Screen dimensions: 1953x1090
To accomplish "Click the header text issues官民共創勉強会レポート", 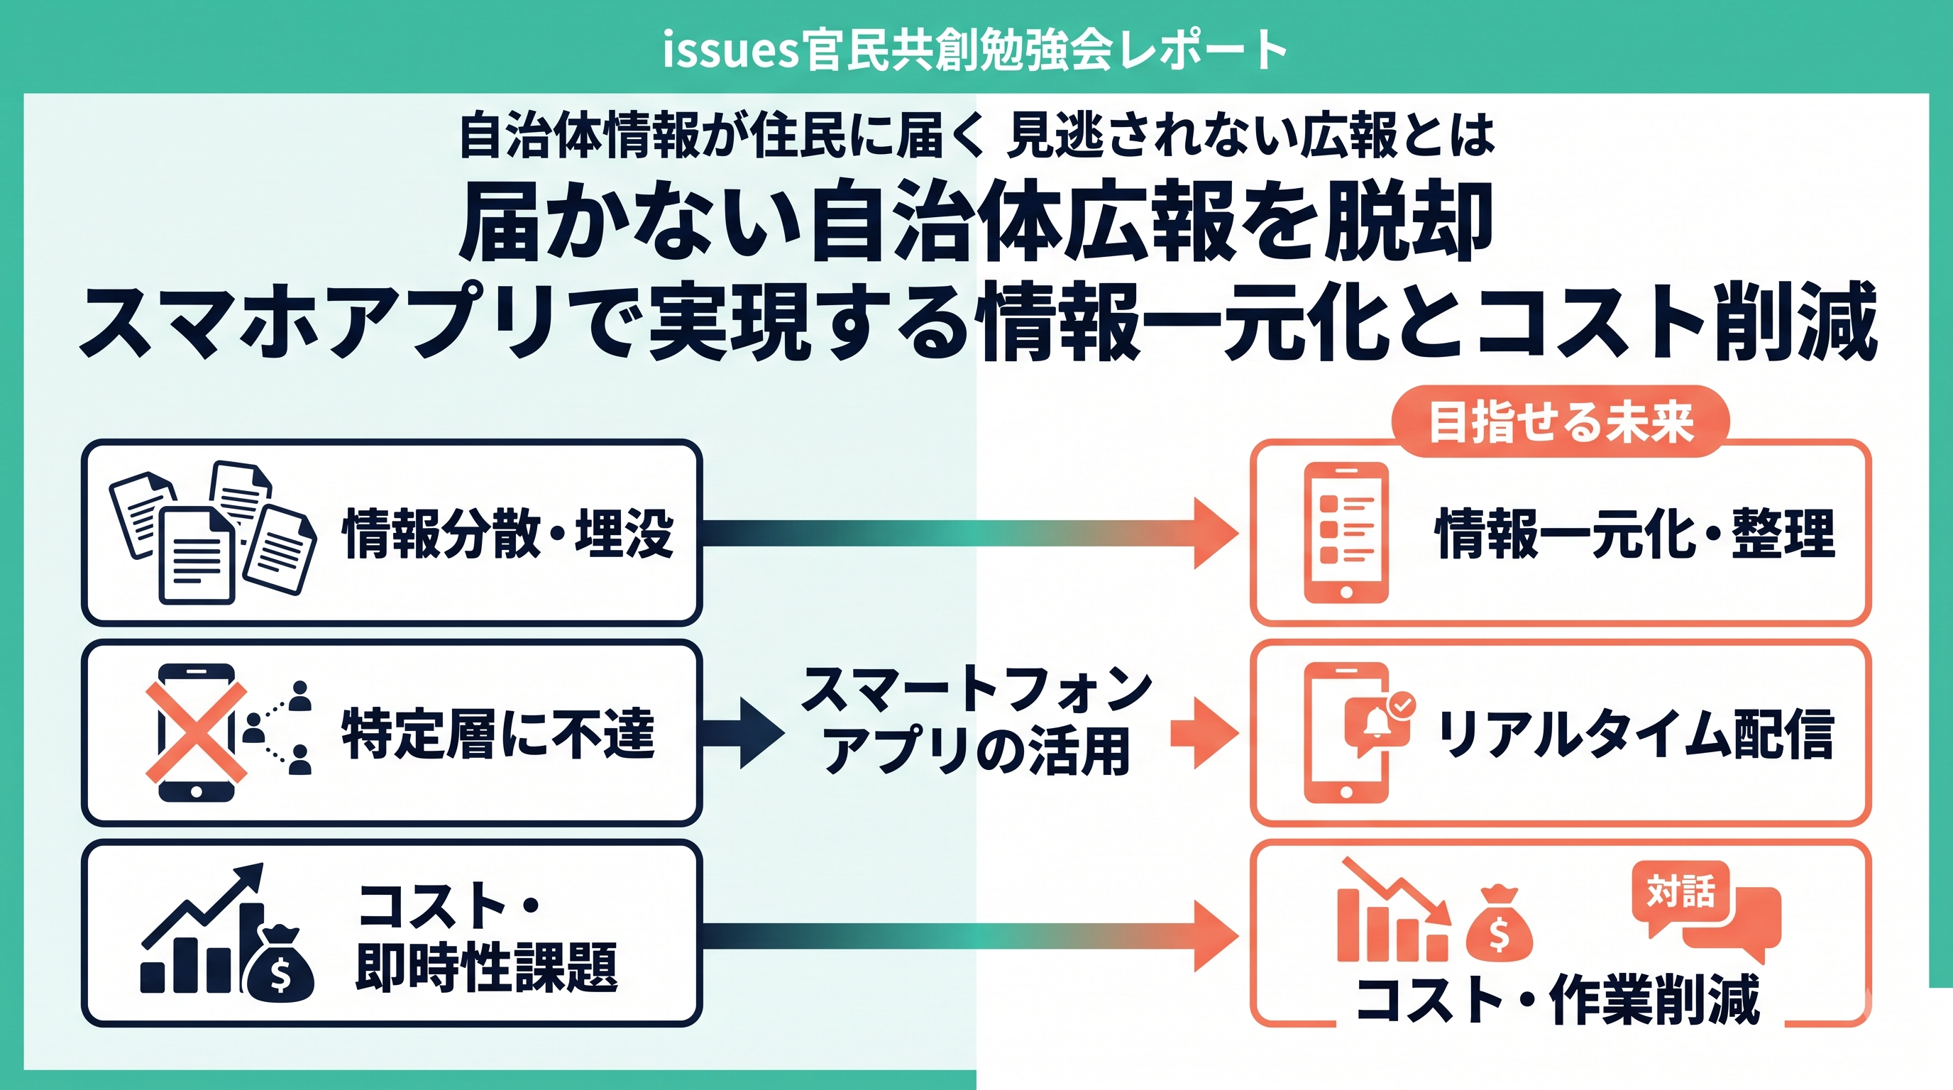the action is click(x=975, y=50).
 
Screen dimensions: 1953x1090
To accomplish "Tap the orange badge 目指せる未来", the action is click(x=1561, y=422).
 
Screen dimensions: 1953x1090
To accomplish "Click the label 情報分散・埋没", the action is click(x=508, y=534).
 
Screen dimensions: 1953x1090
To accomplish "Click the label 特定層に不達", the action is click(x=498, y=733).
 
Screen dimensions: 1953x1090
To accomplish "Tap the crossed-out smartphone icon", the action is click(x=197, y=732).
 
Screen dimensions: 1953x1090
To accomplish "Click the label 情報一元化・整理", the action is click(x=1635, y=534).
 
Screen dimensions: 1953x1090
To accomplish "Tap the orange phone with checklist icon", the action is click(x=1346, y=533).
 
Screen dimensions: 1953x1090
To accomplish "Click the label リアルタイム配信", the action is click(x=1635, y=733).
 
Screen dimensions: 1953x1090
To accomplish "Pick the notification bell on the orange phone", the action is click(x=1374, y=724).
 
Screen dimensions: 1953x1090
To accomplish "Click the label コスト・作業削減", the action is click(x=1558, y=999).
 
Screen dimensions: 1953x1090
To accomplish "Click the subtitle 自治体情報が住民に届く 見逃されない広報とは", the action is click(x=977, y=136).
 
